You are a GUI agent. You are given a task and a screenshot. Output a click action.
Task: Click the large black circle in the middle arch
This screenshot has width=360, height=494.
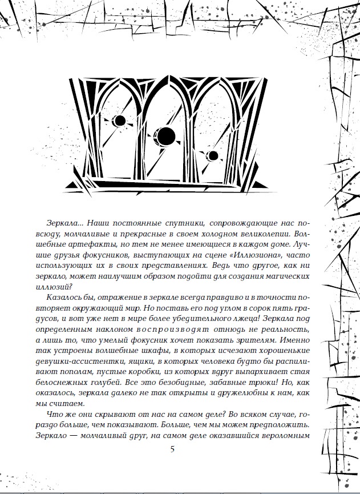(x=165, y=136)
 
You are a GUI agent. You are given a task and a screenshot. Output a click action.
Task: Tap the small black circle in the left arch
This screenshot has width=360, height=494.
(x=120, y=121)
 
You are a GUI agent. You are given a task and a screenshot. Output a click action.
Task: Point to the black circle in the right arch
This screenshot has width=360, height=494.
(x=213, y=155)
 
